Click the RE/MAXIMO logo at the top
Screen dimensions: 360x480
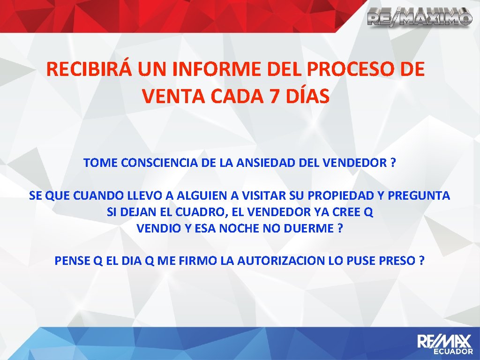pos(419,17)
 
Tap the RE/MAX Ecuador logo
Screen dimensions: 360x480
pos(445,344)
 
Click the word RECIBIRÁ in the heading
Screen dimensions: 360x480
pos(90,70)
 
